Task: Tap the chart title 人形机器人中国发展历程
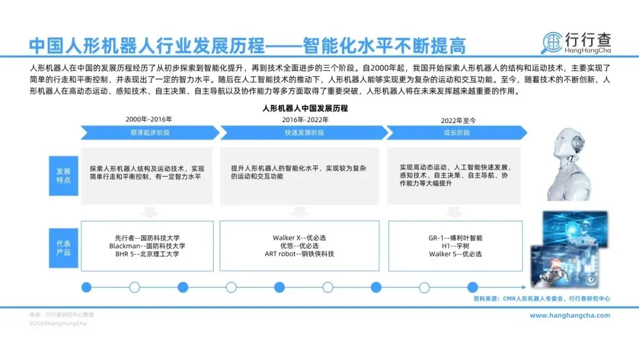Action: (305, 108)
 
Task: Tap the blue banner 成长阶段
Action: (456, 133)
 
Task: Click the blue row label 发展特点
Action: (63, 175)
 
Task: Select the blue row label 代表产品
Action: (63, 248)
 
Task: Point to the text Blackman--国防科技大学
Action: (147, 246)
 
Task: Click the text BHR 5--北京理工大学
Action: (147, 254)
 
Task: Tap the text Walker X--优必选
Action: (299, 237)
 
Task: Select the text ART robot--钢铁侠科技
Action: (299, 254)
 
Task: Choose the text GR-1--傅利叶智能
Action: (456, 237)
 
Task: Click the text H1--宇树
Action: (456, 246)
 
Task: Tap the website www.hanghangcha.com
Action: (569, 316)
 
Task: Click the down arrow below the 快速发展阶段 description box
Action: (299, 212)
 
